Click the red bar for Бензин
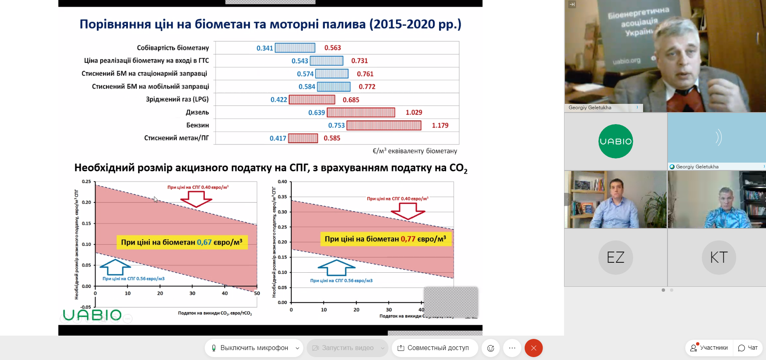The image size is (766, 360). [384, 125]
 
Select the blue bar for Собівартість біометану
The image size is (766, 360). [295, 48]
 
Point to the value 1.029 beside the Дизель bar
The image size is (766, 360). [414, 113]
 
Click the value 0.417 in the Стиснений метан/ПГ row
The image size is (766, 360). [278, 138]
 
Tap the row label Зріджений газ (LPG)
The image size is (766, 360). [177, 99]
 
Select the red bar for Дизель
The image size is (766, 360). [361, 113]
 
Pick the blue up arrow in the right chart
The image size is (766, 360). [337, 268]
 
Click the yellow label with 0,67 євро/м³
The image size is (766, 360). [182, 242]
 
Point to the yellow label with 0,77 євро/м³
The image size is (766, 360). [385, 239]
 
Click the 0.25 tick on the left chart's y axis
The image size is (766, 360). [86, 182]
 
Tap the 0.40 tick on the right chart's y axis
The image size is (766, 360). [282, 182]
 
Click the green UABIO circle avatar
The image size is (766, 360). [616, 141]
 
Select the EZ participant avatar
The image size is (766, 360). [615, 257]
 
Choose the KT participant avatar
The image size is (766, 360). [719, 257]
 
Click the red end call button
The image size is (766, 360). [533, 348]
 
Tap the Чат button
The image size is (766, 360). [748, 348]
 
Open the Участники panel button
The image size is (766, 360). [709, 348]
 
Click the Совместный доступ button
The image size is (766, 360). [434, 348]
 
